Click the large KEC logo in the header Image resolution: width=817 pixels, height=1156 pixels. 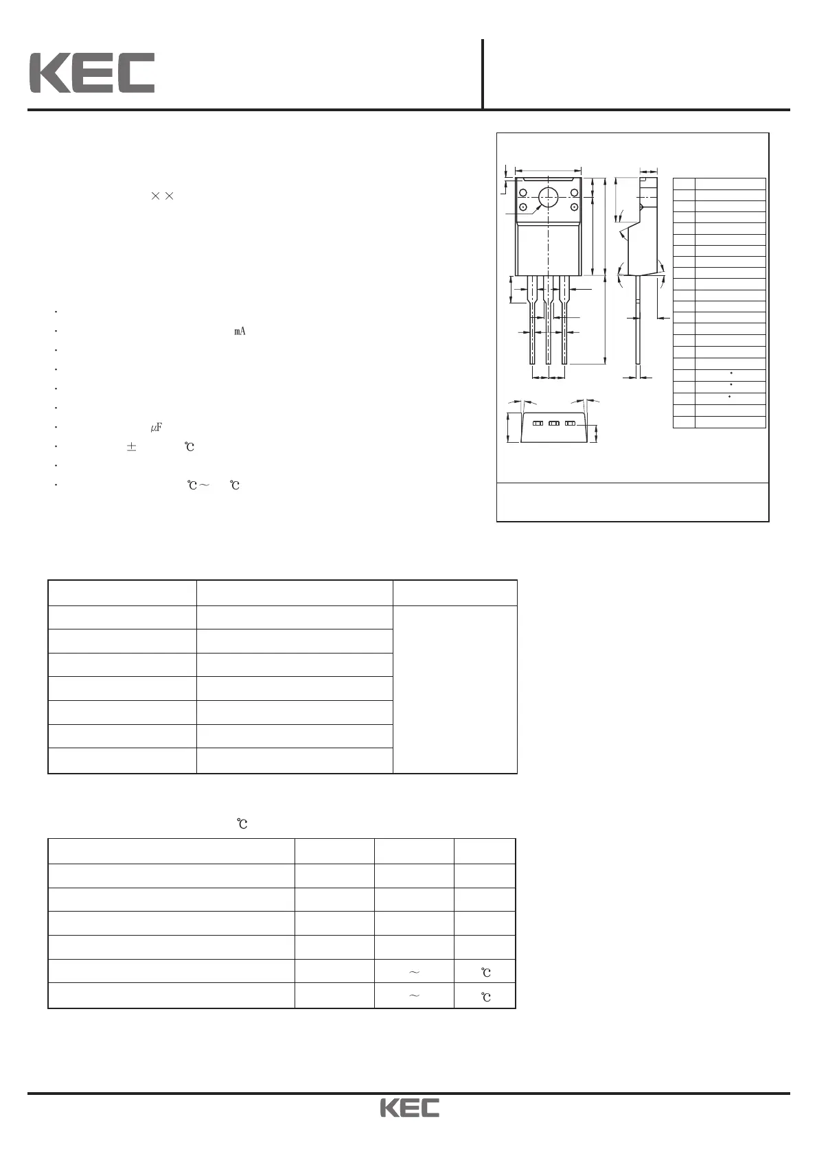coord(91,73)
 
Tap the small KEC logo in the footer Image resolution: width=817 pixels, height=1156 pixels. coord(410,1108)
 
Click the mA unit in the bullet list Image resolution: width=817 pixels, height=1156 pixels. coord(240,332)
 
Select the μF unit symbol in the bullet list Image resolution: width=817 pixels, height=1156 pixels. coord(156,428)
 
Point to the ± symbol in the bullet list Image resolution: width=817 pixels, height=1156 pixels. coord(131,447)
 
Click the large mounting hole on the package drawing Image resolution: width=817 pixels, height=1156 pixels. coord(548,198)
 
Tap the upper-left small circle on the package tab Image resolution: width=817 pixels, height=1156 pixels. coord(523,192)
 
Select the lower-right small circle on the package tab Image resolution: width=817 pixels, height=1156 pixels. coord(574,207)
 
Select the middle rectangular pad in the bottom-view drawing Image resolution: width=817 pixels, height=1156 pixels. coord(554,424)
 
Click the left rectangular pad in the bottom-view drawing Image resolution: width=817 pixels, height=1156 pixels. coord(538,424)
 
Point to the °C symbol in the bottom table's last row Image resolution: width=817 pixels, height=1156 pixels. coord(485,997)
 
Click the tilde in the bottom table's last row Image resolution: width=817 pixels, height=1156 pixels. coord(414,996)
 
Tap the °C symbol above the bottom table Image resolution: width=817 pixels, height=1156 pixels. coord(242,823)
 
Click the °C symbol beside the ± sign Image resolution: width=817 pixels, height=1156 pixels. coord(189,447)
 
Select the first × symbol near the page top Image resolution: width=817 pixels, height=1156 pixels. coord(154,196)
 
